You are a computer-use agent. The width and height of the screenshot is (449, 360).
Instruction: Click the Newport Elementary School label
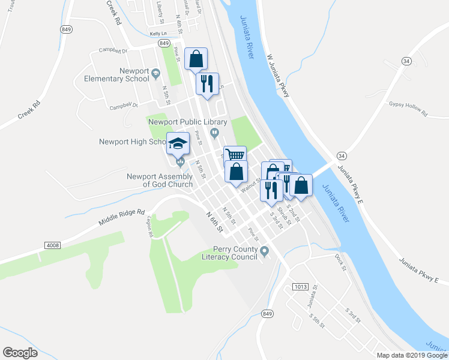116,74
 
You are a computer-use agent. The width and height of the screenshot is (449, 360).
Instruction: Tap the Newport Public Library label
182,122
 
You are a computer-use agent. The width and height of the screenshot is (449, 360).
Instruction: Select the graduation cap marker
178,143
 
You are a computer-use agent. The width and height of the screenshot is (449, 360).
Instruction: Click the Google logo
20,352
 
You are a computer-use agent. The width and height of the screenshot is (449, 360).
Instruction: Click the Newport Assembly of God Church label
160,180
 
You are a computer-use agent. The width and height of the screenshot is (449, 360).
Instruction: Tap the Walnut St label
249,187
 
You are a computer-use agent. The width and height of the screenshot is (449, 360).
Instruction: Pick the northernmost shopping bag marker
196,59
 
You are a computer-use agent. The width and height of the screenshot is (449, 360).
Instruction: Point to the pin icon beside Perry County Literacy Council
265,250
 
